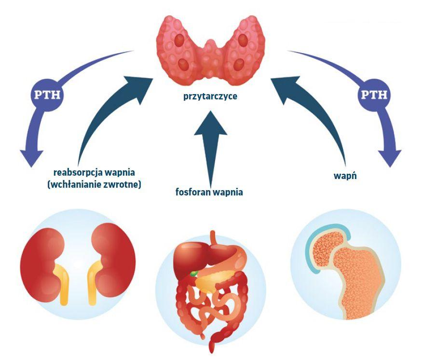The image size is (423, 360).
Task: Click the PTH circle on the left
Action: [47, 93]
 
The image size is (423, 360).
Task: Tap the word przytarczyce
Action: [210, 97]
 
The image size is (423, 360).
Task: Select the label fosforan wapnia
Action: [209, 192]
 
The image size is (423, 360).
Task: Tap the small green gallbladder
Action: [193, 273]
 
